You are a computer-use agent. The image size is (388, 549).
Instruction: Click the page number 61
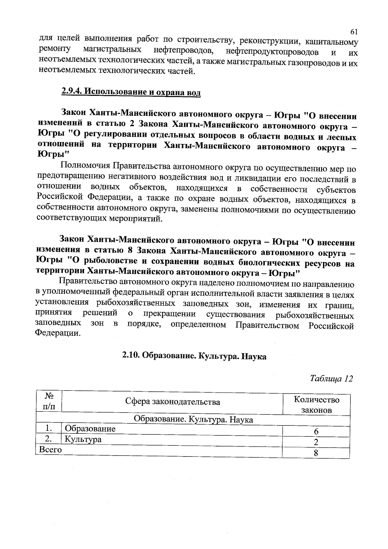354,32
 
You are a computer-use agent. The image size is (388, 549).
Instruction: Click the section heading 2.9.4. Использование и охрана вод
131,92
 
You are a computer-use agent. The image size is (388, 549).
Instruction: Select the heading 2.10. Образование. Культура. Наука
194,356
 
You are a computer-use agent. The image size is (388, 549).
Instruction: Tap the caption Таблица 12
331,379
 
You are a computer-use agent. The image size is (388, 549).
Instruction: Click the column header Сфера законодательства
172,402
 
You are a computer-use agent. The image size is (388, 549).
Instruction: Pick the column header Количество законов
316,405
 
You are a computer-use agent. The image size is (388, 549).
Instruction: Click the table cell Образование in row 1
90,429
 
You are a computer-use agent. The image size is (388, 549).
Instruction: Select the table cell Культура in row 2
83,439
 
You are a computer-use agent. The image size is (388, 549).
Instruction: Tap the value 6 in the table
316,432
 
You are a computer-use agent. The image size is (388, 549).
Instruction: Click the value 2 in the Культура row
316,442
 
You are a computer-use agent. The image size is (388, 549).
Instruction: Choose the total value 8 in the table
316,453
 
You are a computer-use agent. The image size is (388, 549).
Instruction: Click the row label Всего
50,449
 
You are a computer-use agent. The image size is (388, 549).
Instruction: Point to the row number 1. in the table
49,429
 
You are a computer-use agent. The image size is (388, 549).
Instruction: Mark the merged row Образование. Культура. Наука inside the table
193,420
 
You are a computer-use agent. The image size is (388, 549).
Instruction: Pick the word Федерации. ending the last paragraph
58,333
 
